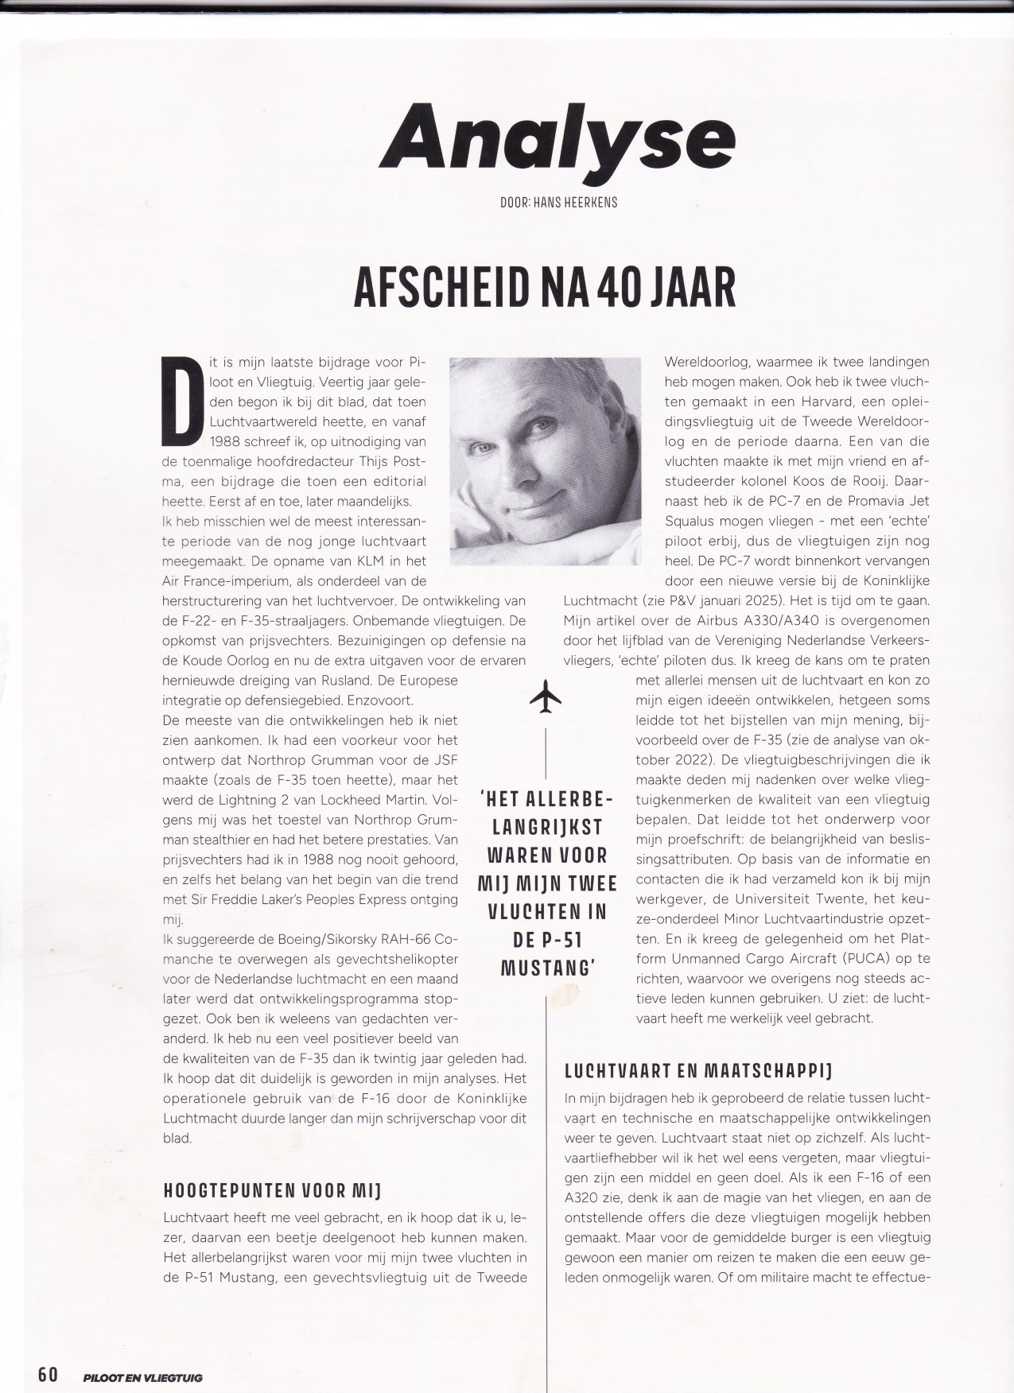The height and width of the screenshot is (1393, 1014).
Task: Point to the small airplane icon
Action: coord(546,697)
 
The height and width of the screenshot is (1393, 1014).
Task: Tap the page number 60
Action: coord(47,1374)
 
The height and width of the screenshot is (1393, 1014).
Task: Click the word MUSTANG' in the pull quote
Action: coord(546,970)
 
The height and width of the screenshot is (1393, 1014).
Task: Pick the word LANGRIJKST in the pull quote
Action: coord(546,827)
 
